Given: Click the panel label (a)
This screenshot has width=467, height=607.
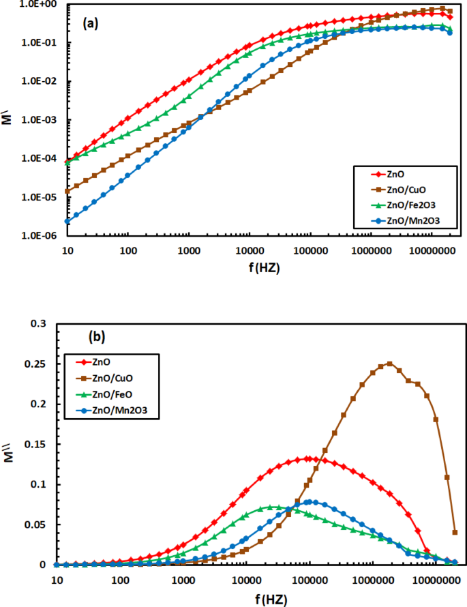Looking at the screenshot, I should click(x=91, y=23).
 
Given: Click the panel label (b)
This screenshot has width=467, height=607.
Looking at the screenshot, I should click(x=97, y=336).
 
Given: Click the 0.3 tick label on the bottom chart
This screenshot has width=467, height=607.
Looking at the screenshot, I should click(x=44, y=323).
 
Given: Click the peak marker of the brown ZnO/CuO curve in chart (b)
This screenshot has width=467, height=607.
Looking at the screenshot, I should click(x=389, y=364).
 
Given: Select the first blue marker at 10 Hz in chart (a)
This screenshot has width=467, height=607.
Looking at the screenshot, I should click(x=67, y=221).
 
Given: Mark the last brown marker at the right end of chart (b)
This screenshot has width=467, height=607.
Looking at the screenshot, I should click(x=455, y=532).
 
